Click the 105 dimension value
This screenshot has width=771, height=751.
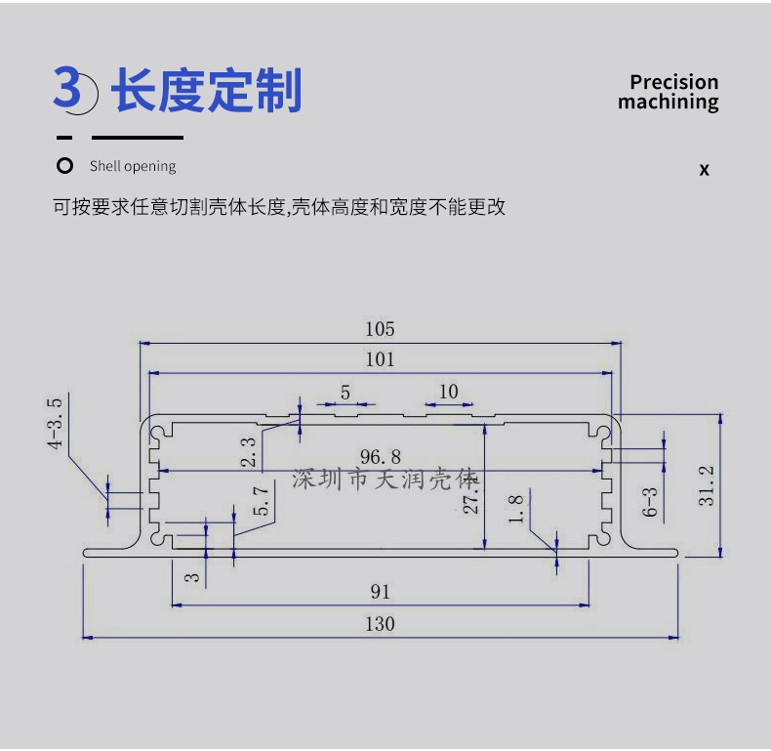[x=380, y=329]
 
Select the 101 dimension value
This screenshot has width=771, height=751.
[x=380, y=359]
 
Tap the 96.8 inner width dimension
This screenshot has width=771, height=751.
[x=380, y=457]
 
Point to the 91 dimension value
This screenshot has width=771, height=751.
[x=380, y=592]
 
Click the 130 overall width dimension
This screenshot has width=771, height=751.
[x=380, y=624]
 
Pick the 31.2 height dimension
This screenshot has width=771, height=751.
[x=706, y=485]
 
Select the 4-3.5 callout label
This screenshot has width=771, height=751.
[x=55, y=423]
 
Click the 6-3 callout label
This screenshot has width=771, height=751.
[x=650, y=502]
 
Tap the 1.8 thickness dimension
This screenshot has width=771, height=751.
[x=516, y=510]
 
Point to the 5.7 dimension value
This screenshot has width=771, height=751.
[x=262, y=501]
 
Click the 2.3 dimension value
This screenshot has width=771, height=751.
[x=248, y=452]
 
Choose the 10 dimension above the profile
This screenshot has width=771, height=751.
[x=448, y=393]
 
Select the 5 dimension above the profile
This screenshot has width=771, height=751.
[x=345, y=393]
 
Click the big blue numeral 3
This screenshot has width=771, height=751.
[x=67, y=88]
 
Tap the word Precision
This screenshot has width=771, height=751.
[x=674, y=82]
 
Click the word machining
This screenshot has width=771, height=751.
[x=669, y=103]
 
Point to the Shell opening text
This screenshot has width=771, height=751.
[x=133, y=166]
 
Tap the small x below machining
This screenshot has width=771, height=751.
[x=704, y=170]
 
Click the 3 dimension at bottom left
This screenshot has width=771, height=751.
[x=192, y=577]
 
